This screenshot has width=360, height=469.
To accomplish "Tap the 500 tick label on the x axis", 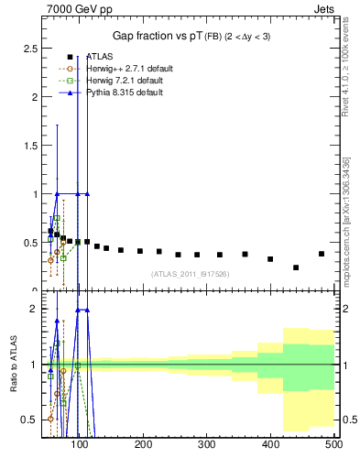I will pos(333,445).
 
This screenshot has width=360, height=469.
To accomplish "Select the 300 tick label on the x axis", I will pos(207,445).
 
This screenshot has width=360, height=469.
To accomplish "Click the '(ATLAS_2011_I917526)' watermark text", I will pos(189,273).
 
